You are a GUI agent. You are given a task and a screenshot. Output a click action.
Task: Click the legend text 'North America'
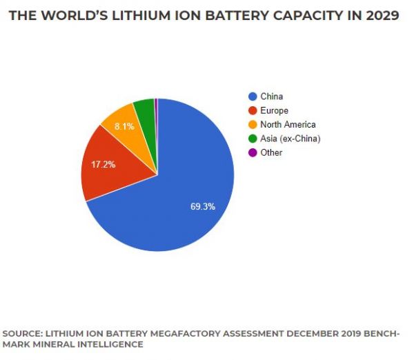pos(288,125)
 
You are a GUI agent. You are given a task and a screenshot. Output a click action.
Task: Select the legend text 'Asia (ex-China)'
pos(290,139)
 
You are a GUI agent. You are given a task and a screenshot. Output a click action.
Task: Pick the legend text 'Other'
pos(271,152)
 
